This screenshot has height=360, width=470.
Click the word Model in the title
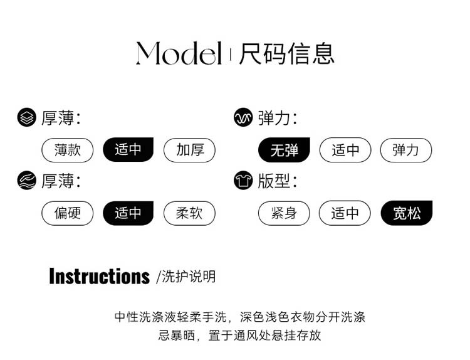coord(179,53)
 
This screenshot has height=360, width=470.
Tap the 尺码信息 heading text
coord(286,53)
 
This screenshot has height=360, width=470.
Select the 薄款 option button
coord(67,150)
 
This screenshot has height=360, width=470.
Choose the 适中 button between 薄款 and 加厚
coord(128,150)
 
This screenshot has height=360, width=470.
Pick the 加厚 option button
coord(189,150)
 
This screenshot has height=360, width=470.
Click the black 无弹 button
coord(284,151)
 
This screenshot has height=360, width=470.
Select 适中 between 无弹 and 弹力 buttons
coord(345,151)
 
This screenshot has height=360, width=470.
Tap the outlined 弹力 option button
coord(406,151)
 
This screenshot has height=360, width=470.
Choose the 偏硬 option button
coord(67,213)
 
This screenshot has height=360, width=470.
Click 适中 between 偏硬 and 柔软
coord(128,213)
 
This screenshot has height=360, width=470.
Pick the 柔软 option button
coord(189,213)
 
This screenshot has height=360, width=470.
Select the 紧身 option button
coord(284,213)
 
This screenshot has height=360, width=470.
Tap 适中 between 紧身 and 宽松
coord(345,213)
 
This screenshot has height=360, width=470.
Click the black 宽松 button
coord(406,213)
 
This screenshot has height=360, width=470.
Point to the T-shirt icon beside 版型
coord(243,181)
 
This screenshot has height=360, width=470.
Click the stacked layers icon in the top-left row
coord(26,117)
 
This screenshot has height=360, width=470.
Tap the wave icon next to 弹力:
coord(243,117)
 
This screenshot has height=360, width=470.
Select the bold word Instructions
coord(99,276)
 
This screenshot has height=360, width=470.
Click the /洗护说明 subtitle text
coord(185,277)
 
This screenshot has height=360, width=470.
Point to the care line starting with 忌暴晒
coord(239,335)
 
